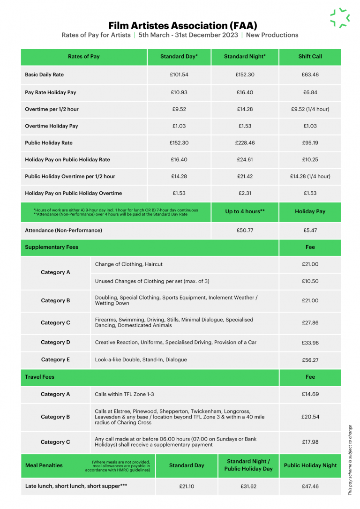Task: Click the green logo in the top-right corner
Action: click(x=340, y=18)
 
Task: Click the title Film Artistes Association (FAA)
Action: click(x=183, y=25)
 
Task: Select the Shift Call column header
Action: click(x=310, y=57)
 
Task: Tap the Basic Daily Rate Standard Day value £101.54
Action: click(x=179, y=75)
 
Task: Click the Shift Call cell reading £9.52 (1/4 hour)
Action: click(x=310, y=109)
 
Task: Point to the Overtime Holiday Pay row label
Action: click(x=52, y=126)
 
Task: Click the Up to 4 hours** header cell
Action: click(x=245, y=211)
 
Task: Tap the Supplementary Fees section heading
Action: click(x=52, y=247)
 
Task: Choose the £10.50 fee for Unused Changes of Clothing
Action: click(x=310, y=281)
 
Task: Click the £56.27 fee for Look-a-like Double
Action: click(x=310, y=360)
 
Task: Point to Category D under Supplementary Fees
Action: click(x=55, y=343)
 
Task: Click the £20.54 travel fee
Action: click(x=310, y=417)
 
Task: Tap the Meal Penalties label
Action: click(x=44, y=465)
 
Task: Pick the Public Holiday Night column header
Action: click(x=310, y=465)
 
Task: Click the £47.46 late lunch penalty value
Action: click(x=310, y=487)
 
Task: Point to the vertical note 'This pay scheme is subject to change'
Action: click(x=350, y=459)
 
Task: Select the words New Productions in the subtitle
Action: click(x=272, y=35)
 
